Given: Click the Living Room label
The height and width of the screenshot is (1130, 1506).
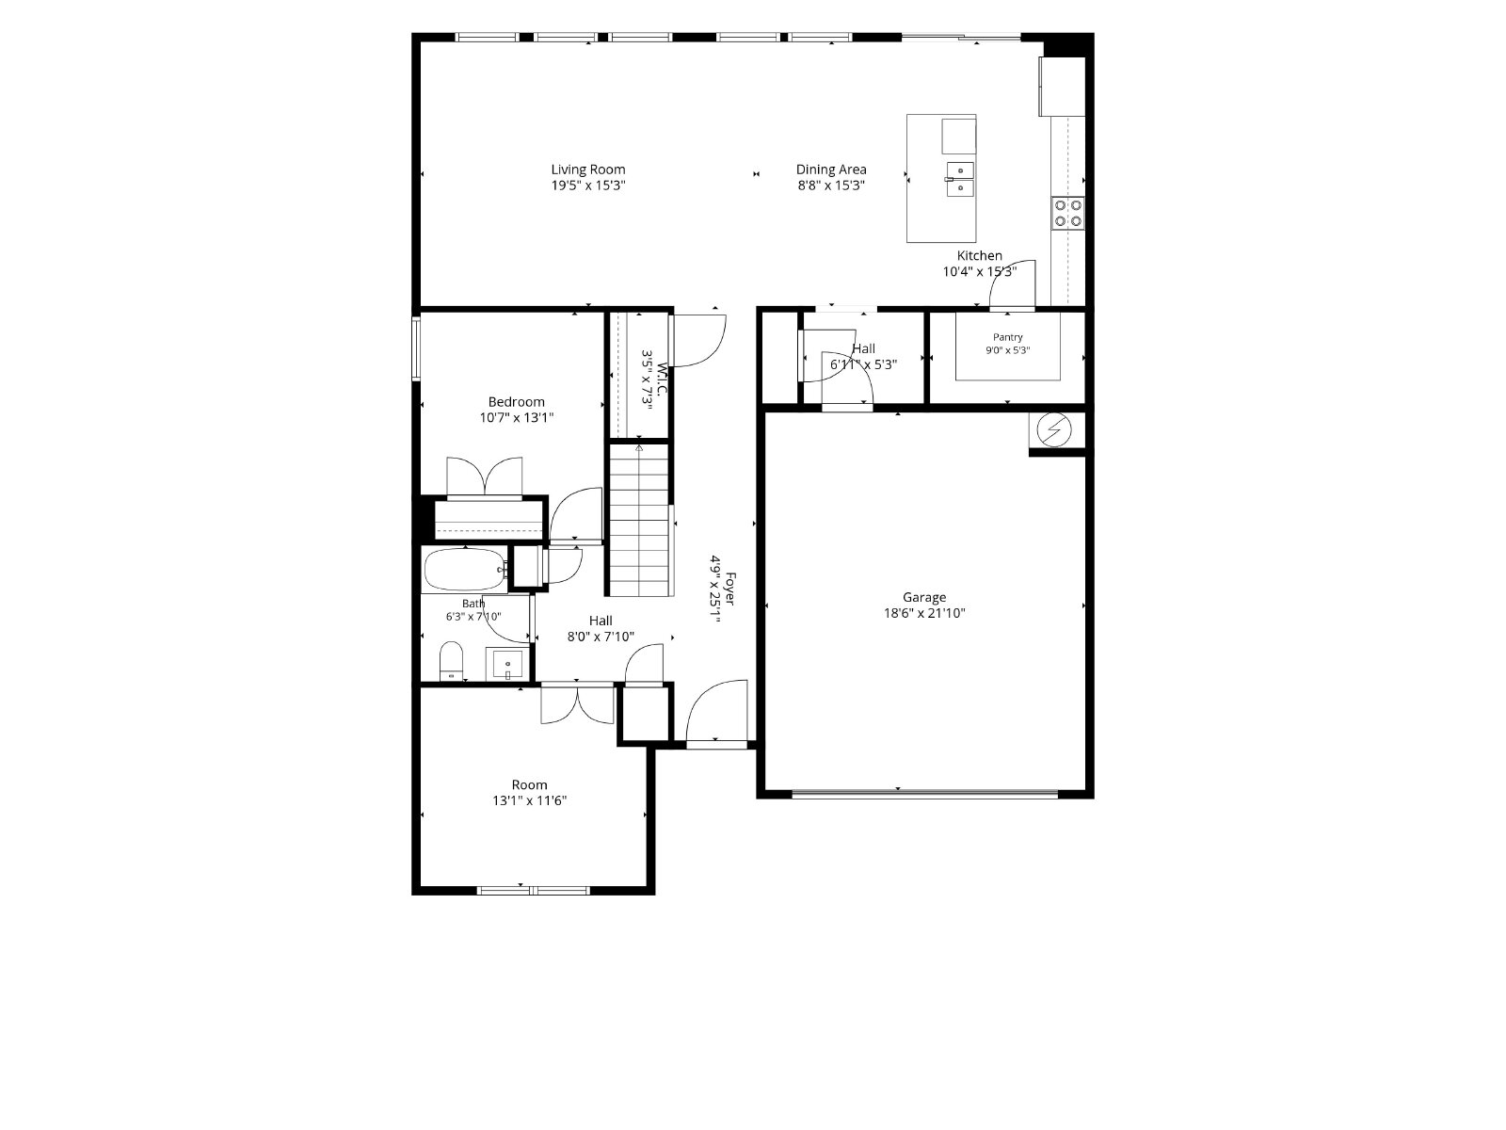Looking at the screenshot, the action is (588, 169).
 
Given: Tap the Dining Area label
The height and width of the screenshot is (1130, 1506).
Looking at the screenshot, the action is (831, 169).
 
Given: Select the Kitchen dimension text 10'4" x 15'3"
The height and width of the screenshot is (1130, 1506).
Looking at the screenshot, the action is (979, 272).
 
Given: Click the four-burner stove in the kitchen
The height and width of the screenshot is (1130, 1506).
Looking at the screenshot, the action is (1067, 213).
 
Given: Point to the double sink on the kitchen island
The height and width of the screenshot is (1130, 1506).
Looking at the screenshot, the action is (960, 179).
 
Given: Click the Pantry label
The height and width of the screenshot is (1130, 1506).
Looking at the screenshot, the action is (1007, 337).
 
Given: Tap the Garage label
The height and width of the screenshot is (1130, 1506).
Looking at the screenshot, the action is (924, 598).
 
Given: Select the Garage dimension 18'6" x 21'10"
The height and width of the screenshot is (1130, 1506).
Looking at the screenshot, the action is (924, 613).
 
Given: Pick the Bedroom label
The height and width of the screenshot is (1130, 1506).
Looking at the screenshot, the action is (516, 402).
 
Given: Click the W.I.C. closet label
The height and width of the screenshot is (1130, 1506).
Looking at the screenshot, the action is (662, 380).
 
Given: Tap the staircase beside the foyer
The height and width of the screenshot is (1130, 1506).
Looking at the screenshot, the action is (639, 520).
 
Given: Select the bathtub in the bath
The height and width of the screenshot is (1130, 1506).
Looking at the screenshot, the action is (464, 570).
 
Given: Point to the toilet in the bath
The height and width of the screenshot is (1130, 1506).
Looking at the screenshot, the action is (452, 661).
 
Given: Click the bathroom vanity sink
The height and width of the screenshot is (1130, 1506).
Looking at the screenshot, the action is (507, 664).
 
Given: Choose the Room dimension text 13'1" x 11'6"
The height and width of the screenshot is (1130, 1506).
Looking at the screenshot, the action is (529, 800).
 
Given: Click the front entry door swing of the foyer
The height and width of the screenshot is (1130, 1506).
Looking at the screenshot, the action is (715, 710).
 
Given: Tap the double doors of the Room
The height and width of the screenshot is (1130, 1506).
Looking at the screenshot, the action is (577, 704).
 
